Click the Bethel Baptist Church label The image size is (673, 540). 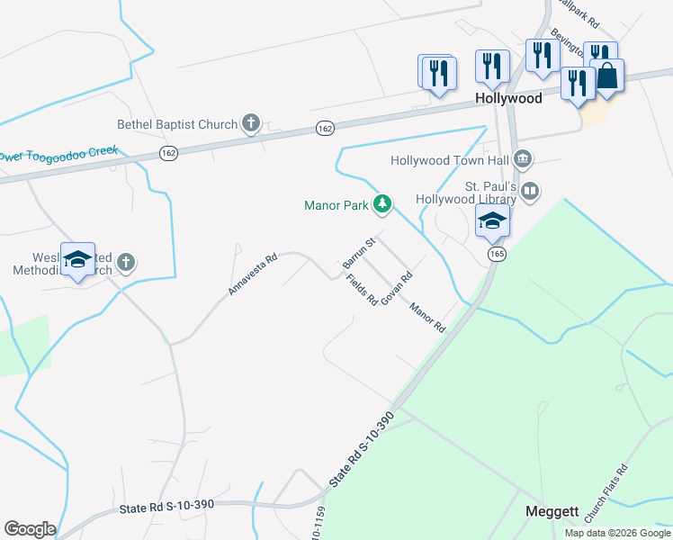click(177, 125)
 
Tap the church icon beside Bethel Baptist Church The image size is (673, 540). click(250, 124)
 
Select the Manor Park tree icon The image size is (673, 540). click(382, 205)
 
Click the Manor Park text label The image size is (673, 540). click(336, 205)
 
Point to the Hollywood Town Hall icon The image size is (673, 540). click(523, 161)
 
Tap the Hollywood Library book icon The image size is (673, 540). click(531, 191)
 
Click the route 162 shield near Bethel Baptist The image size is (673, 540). click(326, 130)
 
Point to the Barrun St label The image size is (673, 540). click(357, 252)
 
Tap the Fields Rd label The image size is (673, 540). click(361, 290)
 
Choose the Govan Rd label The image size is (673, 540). click(396, 287)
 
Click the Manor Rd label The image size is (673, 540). click(427, 318)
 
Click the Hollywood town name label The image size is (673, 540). click(508, 98)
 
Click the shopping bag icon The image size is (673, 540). click(607, 77)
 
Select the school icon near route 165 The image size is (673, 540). click(492, 220)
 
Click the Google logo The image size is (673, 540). click(29, 528)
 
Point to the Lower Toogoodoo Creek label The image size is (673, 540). click(58, 155)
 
